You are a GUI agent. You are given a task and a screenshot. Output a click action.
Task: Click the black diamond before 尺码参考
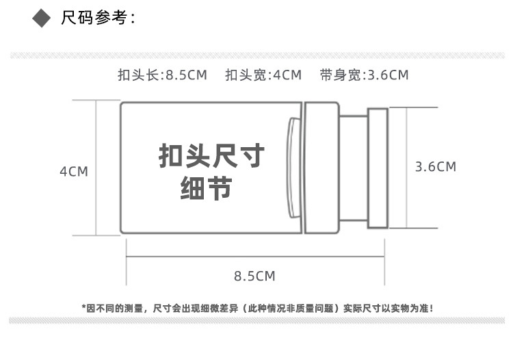[43, 18]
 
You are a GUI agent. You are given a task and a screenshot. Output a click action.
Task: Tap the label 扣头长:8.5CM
[162, 75]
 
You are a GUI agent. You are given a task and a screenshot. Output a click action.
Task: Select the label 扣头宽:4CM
[263, 75]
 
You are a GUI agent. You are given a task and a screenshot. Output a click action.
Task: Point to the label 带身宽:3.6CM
[364, 75]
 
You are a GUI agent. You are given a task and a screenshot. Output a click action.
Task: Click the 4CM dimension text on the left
[74, 171]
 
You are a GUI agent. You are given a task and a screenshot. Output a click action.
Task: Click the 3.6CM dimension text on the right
[436, 166]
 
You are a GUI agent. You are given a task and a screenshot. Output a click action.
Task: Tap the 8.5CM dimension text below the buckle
[254, 277]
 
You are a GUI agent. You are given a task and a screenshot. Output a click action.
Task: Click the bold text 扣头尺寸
[211, 157]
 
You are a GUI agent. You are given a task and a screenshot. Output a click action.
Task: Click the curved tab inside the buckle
[293, 168]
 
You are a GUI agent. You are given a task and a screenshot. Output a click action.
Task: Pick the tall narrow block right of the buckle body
[321, 168]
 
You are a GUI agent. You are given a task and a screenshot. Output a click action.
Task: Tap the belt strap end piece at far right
[378, 168]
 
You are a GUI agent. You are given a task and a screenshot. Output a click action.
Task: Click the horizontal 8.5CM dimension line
[254, 257]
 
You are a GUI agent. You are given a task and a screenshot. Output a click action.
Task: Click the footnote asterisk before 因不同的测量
[83, 308]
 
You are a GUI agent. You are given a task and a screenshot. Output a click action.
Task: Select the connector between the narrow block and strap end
[353, 168]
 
